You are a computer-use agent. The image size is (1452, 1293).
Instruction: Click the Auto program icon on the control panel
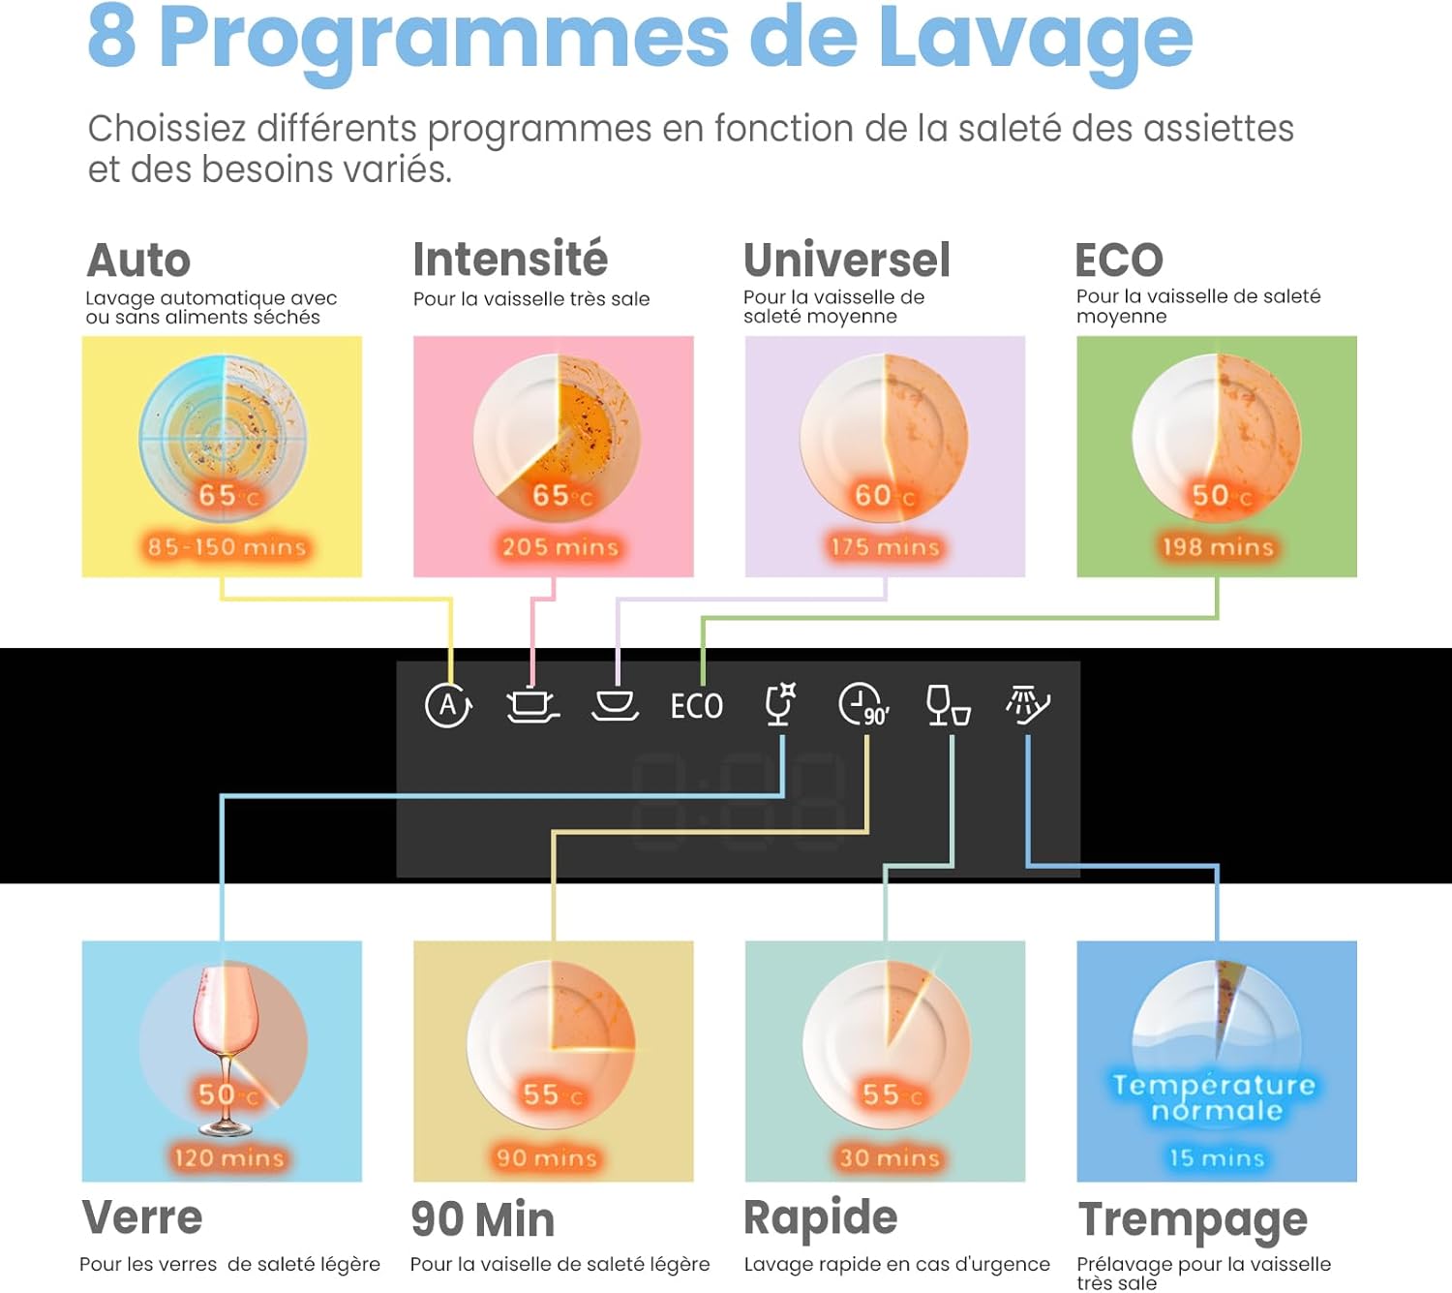pyautogui.click(x=448, y=706)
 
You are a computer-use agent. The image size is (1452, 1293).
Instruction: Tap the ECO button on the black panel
pyautogui.click(x=697, y=706)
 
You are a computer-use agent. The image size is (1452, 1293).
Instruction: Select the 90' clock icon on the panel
pyautogui.click(x=863, y=706)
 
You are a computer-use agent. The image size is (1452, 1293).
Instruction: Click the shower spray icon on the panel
pyautogui.click(x=1028, y=705)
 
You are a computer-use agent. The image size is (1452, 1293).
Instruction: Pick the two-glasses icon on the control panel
pyautogui.click(x=949, y=706)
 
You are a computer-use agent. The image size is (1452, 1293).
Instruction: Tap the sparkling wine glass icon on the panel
pyautogui.click(x=780, y=704)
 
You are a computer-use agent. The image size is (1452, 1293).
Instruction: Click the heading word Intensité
pyautogui.click(x=510, y=259)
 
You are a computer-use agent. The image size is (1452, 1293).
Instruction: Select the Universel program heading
pyautogui.click(x=847, y=260)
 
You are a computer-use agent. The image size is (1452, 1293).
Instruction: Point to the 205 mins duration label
pyautogui.click(x=560, y=547)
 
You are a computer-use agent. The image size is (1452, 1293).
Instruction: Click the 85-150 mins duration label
pyautogui.click(x=227, y=547)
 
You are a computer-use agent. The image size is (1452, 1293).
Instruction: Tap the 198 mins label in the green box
pyautogui.click(x=1218, y=547)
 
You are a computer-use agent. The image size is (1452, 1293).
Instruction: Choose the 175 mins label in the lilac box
pyautogui.click(x=885, y=547)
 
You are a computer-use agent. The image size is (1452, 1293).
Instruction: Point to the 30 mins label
pyautogui.click(x=889, y=1158)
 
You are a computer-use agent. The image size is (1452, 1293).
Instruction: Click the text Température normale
pyautogui.click(x=1214, y=1098)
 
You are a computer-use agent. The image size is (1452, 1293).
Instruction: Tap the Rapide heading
pyautogui.click(x=821, y=1218)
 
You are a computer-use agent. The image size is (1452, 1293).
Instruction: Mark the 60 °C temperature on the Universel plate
pyautogui.click(x=885, y=496)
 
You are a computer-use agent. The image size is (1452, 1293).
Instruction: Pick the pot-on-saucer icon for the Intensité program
pyautogui.click(x=532, y=706)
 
